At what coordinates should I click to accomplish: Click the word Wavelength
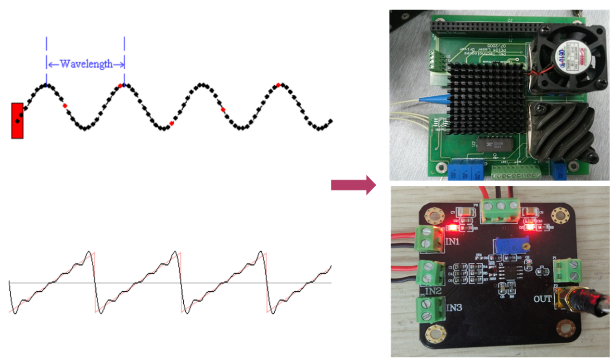pyautogui.click(x=86, y=64)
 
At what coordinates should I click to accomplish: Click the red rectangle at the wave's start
pyautogui.click(x=17, y=120)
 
